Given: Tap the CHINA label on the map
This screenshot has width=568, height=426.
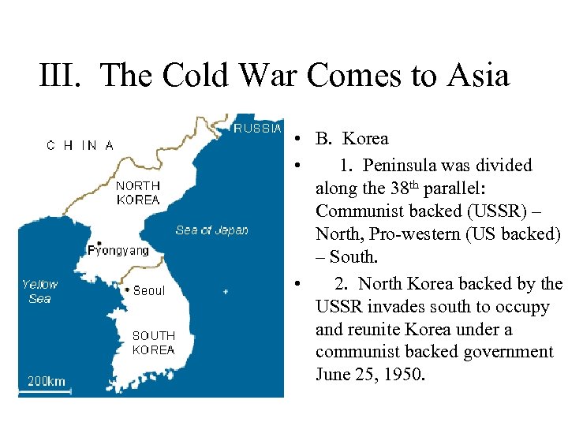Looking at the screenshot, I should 80,145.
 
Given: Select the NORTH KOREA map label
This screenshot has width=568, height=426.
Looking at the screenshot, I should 138,193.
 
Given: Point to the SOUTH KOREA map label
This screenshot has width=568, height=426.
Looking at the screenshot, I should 153,343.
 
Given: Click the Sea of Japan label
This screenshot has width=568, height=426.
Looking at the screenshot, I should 211,230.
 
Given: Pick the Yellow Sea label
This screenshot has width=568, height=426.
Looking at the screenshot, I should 39,291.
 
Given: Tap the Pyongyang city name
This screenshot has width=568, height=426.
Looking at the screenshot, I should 118,251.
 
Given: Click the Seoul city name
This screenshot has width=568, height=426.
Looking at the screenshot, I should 149,291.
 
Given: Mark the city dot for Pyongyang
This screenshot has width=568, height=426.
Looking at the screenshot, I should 99,243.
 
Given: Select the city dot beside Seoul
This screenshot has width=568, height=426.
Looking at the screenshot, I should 127,290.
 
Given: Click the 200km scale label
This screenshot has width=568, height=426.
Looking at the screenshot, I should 47,382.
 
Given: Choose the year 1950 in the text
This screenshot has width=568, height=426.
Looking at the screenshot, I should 404,374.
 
